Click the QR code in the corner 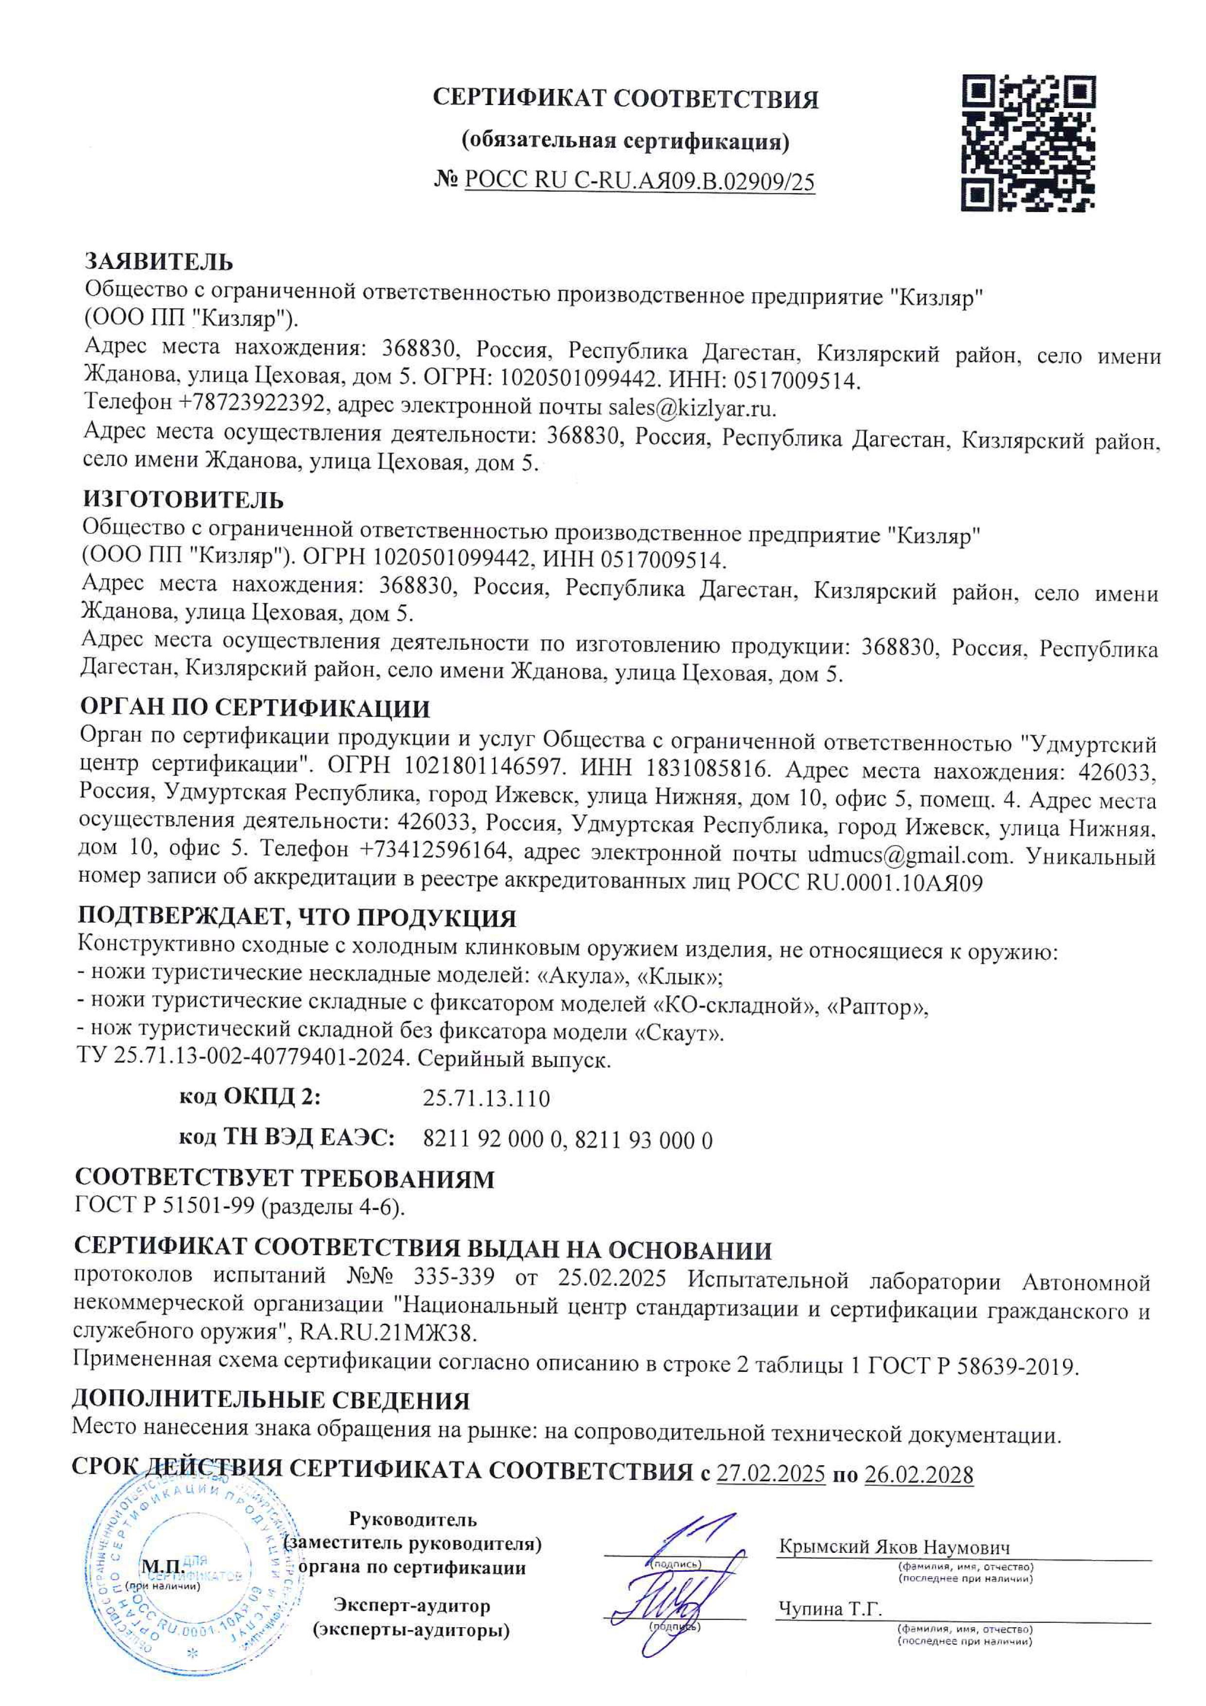click(1029, 143)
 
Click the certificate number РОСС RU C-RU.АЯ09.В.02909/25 click(639, 181)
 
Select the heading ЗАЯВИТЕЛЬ click(159, 262)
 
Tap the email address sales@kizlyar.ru click(692, 408)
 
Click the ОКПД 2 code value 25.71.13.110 click(486, 1098)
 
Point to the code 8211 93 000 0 click(643, 1140)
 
